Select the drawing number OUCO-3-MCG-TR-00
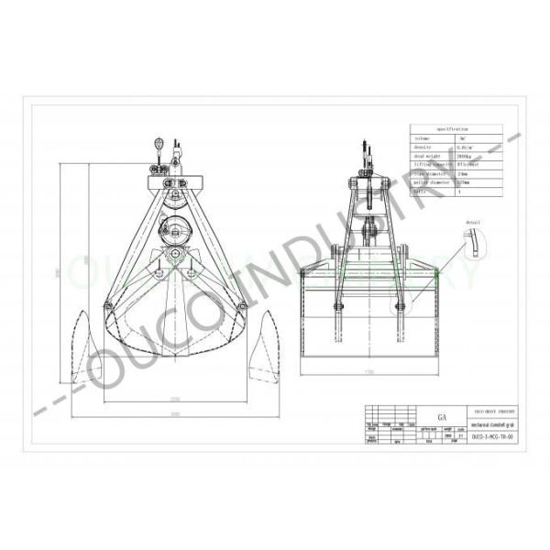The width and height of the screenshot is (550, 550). click(x=493, y=437)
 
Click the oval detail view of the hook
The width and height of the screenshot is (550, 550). click(x=476, y=244)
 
